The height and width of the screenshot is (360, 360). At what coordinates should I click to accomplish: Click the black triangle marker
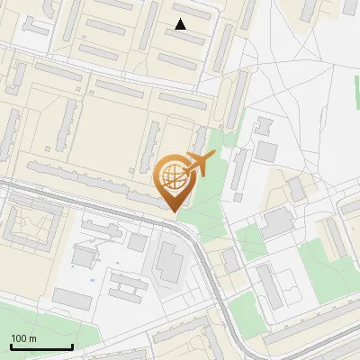click(181, 24)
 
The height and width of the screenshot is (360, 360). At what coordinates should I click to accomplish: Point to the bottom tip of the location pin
click(175, 211)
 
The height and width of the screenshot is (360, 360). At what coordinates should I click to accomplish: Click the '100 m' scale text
click(23, 338)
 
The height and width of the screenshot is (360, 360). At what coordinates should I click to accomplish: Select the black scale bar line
click(41, 347)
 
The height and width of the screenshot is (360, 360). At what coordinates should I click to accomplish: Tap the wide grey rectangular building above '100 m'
click(72, 299)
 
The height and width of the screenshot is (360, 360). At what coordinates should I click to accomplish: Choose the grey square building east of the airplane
click(266, 150)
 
